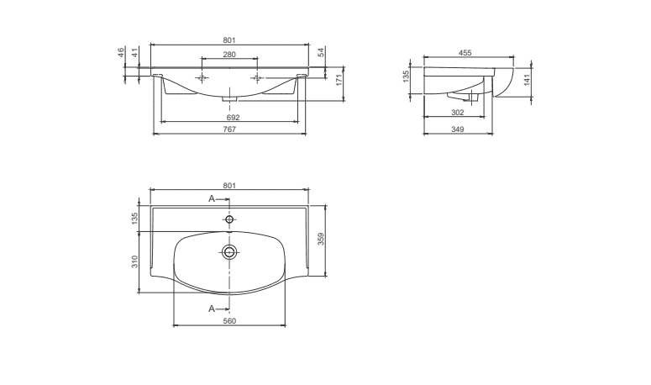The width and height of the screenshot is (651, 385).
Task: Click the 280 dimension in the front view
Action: pyautogui.click(x=229, y=54)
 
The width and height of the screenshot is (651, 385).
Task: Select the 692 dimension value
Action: pyautogui.click(x=233, y=117)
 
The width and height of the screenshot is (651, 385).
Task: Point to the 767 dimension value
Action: pyautogui.click(x=229, y=129)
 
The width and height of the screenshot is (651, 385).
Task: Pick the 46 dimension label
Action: pyautogui.click(x=122, y=52)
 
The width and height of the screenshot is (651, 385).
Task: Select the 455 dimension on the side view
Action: pyautogui.click(x=465, y=53)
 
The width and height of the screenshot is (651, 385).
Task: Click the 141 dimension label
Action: pyautogui.click(x=528, y=82)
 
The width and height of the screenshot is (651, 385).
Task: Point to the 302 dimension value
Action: pyautogui.click(x=459, y=112)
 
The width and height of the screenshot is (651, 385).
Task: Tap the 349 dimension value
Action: pyautogui.click(x=458, y=129)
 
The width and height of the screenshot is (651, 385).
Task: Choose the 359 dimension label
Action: pyautogui.click(x=321, y=239)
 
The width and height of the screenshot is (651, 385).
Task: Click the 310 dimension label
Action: pyautogui.click(x=134, y=261)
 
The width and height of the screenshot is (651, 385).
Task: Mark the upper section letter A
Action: pyautogui.click(x=213, y=198)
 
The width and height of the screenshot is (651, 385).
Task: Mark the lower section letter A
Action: pyautogui.click(x=213, y=309)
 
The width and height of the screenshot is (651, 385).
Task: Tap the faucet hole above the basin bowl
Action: pyautogui.click(x=229, y=219)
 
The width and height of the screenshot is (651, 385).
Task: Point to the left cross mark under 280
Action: pyautogui.click(x=202, y=78)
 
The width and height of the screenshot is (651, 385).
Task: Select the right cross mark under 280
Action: pyautogui.click(x=255, y=78)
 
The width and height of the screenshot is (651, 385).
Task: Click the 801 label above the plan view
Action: pyautogui.click(x=229, y=185)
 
